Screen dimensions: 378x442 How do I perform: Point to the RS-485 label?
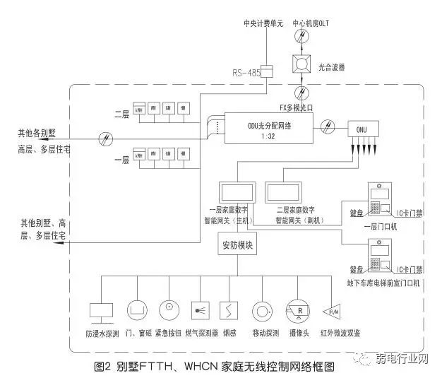[246, 73]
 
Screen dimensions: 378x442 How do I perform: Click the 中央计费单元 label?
[264, 23]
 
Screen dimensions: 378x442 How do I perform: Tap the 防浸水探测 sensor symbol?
[102, 309]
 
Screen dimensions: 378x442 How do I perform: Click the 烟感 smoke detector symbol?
[229, 309]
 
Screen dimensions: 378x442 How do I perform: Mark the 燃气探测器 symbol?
[201, 309]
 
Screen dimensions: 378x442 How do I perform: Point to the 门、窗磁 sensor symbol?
[136, 309]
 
